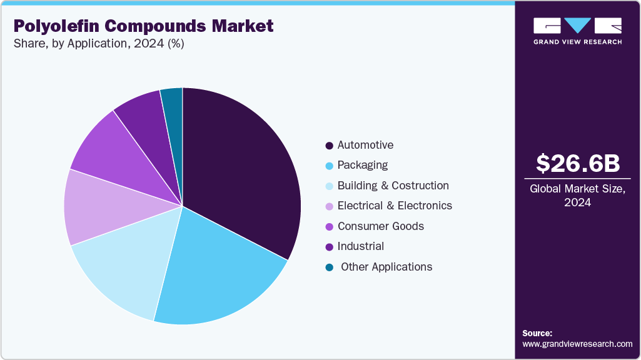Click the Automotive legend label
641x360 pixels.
(365, 145)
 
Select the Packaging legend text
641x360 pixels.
(362, 165)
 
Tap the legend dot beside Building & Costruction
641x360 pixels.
(329, 186)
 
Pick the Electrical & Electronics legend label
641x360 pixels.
(395, 206)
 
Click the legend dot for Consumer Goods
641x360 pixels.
(329, 227)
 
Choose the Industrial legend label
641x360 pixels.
(360, 246)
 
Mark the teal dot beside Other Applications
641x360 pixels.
(329, 267)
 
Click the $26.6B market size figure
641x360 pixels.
(578, 163)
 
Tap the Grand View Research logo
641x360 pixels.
(578, 31)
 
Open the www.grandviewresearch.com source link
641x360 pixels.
(577, 344)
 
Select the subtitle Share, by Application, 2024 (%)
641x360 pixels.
(98, 44)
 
